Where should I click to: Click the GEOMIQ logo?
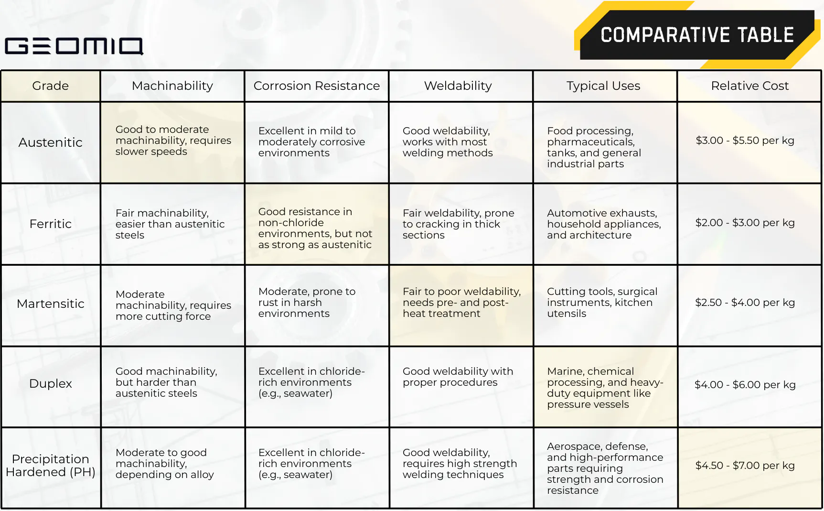[x=74, y=46]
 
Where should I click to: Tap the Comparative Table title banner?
[x=696, y=35]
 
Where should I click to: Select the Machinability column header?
[x=172, y=86]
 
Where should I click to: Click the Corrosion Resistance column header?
[x=316, y=86]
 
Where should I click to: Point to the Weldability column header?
[x=458, y=86]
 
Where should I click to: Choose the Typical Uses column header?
[x=603, y=86]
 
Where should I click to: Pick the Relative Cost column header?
[x=749, y=86]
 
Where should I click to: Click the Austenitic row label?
[x=51, y=142]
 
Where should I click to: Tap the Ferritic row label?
[x=51, y=224]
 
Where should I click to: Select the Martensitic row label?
[x=51, y=304]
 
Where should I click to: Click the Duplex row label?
[x=51, y=383]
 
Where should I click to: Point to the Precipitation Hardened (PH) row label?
[x=51, y=465]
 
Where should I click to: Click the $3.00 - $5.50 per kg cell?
[x=745, y=141]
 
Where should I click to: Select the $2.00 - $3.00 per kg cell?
[x=745, y=223]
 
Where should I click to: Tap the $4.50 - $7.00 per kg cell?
[x=745, y=466]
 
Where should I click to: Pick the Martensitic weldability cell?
[x=461, y=303]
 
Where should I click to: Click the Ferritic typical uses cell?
[x=604, y=224]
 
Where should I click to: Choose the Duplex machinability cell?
[x=166, y=382]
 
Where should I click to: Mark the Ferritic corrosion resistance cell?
[x=315, y=228]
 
